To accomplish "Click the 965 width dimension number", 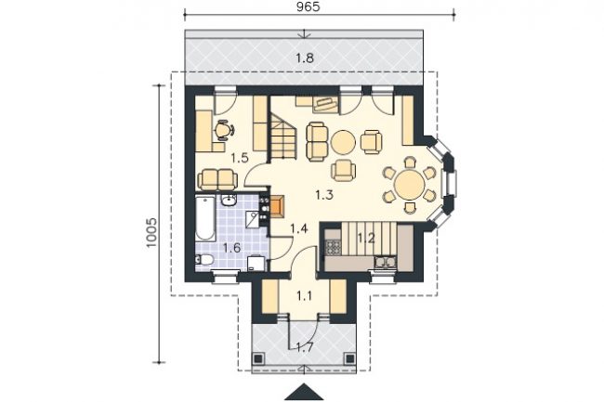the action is coord(309,6).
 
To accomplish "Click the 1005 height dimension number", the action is coord(151,232).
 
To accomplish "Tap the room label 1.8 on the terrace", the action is coord(304,58).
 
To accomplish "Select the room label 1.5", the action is coord(239,158).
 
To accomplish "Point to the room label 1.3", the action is coord(324,195).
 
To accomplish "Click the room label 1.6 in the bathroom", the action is coord(232,247).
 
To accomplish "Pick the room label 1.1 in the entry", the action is coord(304,296).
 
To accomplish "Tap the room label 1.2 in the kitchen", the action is coord(366,238).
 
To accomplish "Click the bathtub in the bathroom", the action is coord(205,218).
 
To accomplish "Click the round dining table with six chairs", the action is coord(409,185).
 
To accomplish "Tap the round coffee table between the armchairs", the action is coord(343,143).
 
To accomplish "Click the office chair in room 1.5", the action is coord(223,130).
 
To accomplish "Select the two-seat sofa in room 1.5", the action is coord(217,180).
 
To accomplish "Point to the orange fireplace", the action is coord(277,207).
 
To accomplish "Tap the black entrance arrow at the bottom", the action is coord(304,392).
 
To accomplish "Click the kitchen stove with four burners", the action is coord(334,247).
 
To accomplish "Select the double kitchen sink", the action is coord(386,262).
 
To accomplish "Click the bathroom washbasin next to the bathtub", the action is coord(229,200).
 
